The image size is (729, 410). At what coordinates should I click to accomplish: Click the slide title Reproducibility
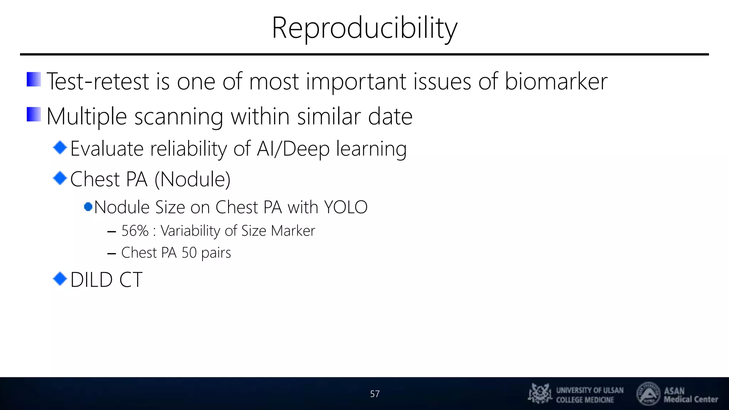(x=364, y=28)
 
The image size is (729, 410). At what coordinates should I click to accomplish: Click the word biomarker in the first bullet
(x=556, y=82)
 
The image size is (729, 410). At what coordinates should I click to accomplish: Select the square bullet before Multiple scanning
(x=34, y=115)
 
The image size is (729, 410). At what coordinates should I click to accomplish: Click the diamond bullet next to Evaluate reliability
(x=60, y=147)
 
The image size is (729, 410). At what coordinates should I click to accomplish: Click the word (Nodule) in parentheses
(x=192, y=179)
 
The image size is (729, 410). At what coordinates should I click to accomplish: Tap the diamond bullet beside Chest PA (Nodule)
(x=60, y=178)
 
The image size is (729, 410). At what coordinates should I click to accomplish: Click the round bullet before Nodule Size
(x=88, y=207)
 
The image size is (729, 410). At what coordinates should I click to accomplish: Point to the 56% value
(x=135, y=231)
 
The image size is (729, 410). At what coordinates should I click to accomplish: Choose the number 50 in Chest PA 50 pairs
(x=189, y=253)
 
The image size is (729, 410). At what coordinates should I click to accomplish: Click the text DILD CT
(x=106, y=280)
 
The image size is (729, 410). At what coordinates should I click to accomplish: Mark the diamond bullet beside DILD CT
(x=60, y=279)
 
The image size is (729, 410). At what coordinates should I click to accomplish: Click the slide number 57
(x=374, y=394)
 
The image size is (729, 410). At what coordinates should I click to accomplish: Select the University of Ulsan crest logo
(x=540, y=394)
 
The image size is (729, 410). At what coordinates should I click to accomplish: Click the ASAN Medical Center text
(x=690, y=395)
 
